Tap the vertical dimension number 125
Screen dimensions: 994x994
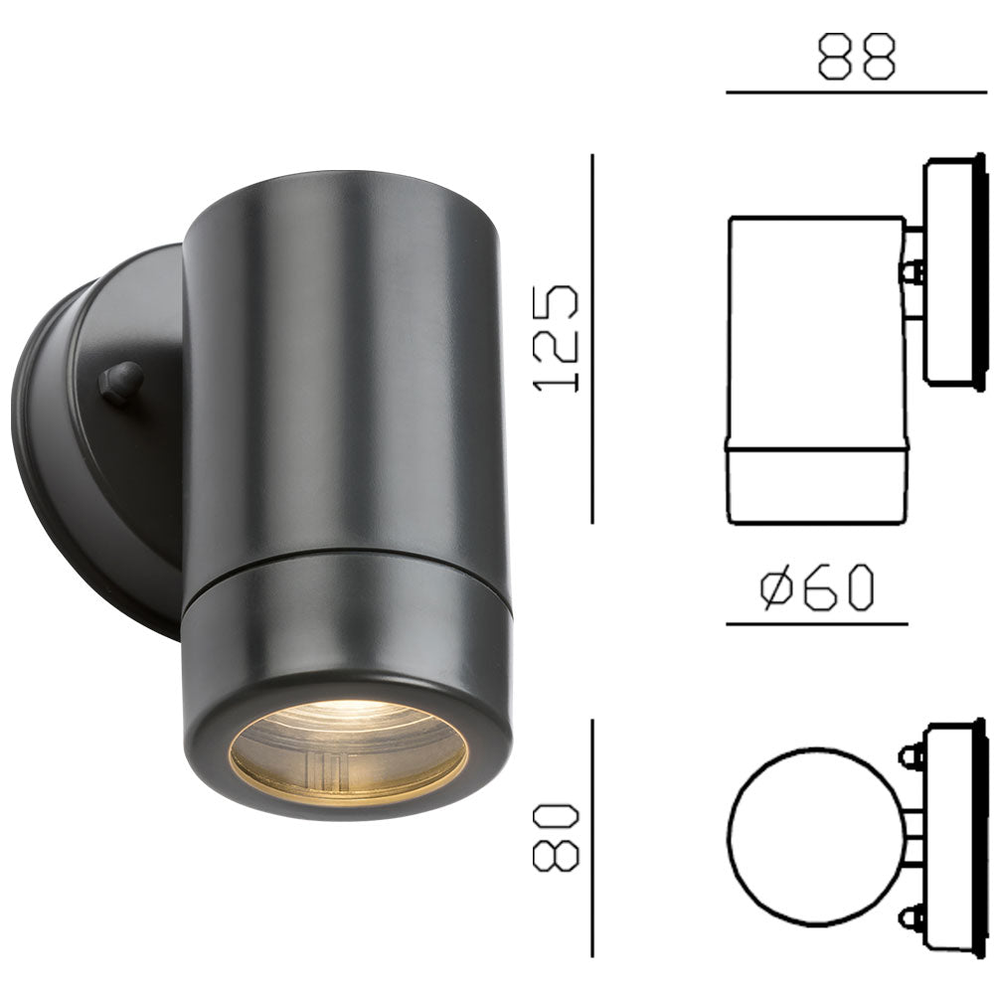coord(556,338)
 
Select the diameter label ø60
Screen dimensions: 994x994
coord(816,588)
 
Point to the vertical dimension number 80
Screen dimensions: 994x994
coord(556,837)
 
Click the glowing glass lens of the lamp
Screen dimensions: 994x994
coord(348,750)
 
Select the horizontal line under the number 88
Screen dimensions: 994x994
coord(856,92)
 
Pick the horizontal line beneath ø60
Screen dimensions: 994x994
coord(816,624)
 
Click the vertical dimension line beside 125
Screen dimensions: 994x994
coord(592,338)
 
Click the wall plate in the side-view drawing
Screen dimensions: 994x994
coord(953,270)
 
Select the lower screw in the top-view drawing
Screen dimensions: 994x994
coord(911,915)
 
